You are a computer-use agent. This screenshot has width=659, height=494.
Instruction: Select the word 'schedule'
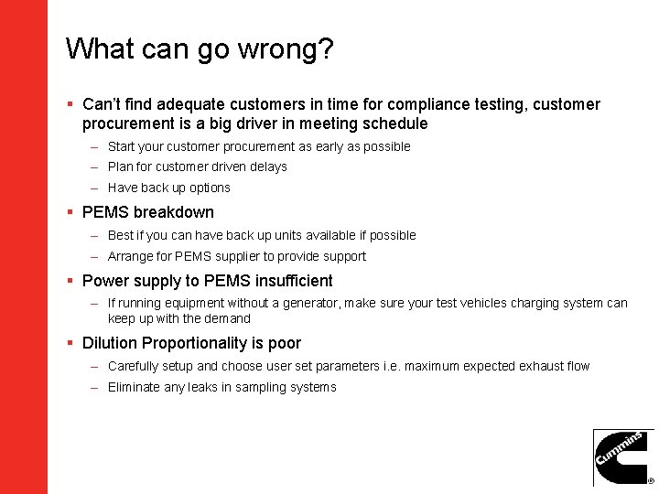point(396,124)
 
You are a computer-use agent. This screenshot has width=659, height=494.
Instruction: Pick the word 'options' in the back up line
point(209,188)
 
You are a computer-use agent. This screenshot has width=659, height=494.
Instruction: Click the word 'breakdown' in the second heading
point(173,212)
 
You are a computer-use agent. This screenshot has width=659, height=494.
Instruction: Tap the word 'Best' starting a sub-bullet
point(121,235)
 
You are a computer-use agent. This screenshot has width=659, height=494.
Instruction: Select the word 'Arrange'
point(131,257)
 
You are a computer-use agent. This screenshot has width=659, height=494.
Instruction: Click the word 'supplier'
point(240,256)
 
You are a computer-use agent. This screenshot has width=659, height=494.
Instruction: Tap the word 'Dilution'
point(110,343)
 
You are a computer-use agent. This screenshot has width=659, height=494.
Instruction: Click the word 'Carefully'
point(133,366)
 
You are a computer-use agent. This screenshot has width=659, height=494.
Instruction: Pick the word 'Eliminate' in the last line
point(135,387)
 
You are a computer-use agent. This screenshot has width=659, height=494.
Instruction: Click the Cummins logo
point(623,457)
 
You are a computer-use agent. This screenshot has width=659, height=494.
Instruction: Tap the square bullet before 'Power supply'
point(70,281)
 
